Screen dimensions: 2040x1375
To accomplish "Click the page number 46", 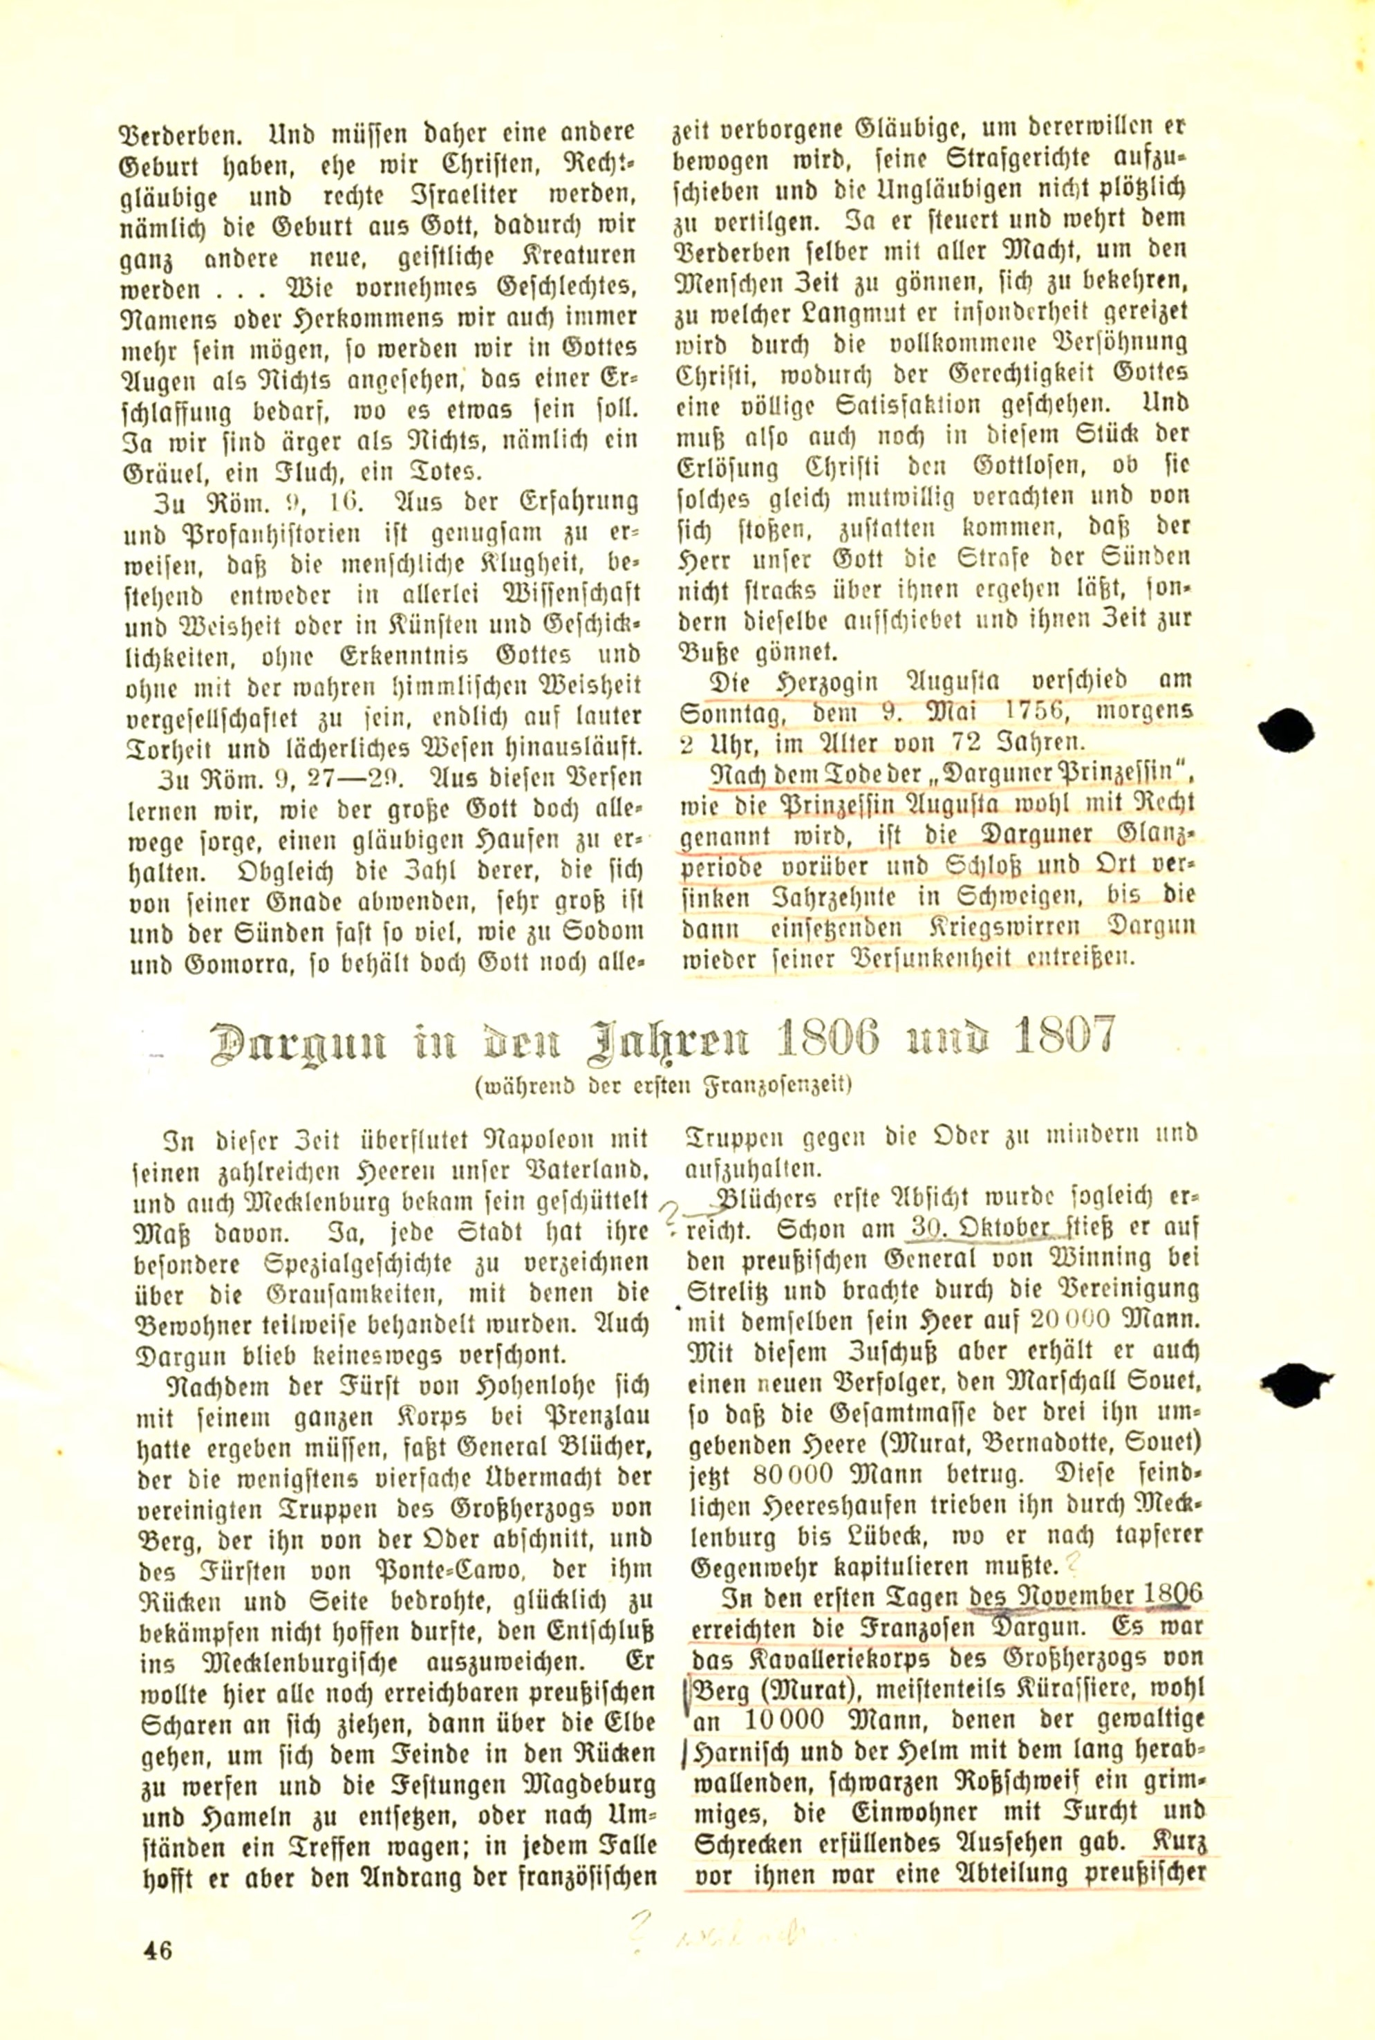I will (x=159, y=1949).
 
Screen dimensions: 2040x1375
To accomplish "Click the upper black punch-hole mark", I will (x=1286, y=730).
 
